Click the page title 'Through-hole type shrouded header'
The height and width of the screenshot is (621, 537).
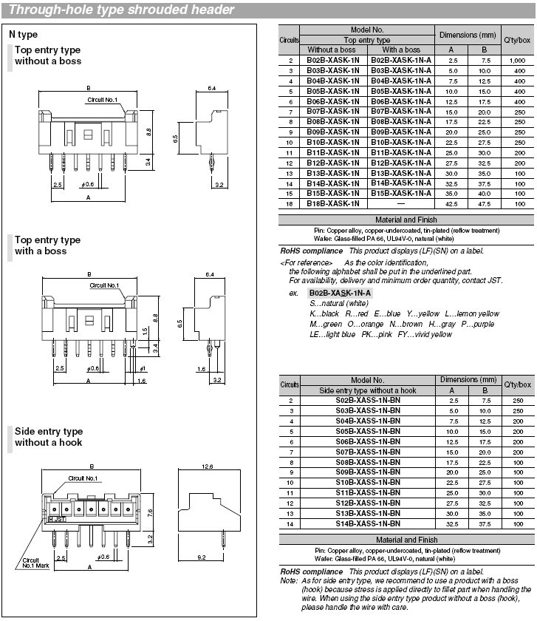tap(122, 10)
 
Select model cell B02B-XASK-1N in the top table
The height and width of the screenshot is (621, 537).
tap(333, 59)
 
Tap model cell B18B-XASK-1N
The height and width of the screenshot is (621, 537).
tap(333, 203)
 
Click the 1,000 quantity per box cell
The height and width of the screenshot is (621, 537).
tap(516, 59)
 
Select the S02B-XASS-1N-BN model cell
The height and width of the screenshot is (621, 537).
tap(369, 399)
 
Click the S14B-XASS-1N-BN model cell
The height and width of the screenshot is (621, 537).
tap(369, 523)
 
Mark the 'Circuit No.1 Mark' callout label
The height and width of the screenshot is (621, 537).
tap(30, 563)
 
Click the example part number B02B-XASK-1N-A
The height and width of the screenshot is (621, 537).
tap(341, 293)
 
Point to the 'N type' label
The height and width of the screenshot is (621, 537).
tap(23, 34)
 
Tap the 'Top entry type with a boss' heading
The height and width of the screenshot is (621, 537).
tap(47, 245)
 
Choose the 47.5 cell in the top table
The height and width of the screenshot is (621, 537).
tap(485, 203)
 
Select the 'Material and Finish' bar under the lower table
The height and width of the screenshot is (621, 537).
tap(406, 540)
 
